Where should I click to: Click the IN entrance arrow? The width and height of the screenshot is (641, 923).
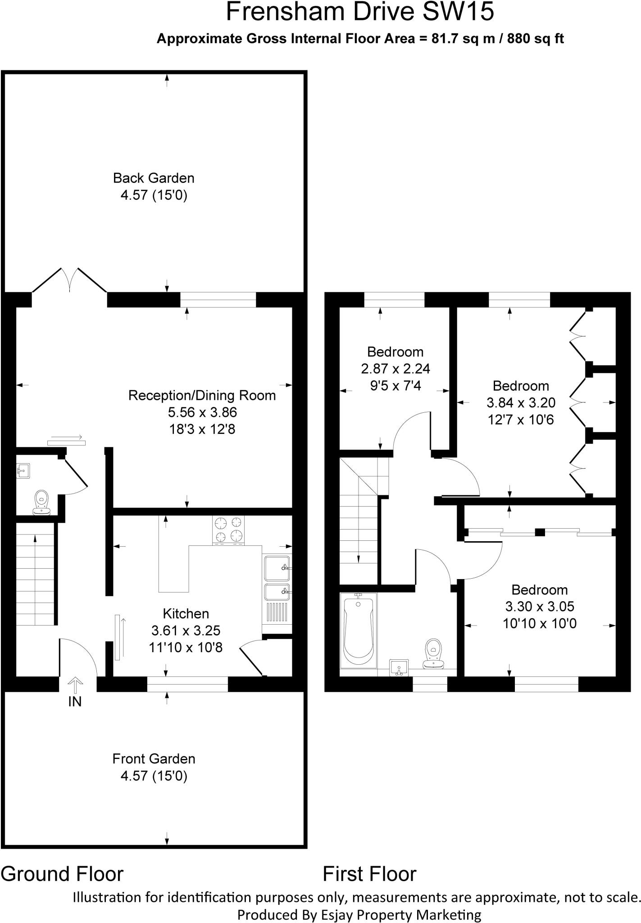click(x=75, y=685)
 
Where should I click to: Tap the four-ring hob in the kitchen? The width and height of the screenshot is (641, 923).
click(x=228, y=530)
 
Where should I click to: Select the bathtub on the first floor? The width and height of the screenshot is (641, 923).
click(x=358, y=630)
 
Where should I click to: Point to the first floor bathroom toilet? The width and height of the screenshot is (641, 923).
click(x=433, y=653)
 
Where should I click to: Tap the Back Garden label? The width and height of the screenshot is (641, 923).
click(x=154, y=178)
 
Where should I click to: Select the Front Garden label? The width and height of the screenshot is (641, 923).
click(x=154, y=759)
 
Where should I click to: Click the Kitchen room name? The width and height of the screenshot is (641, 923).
click(x=186, y=613)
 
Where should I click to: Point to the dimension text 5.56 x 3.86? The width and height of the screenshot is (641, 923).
click(x=202, y=412)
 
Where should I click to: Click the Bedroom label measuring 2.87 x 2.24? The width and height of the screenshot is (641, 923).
click(x=395, y=352)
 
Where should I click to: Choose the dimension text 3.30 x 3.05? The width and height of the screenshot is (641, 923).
click(x=540, y=607)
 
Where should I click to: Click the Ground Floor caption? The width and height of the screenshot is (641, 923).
click(x=62, y=874)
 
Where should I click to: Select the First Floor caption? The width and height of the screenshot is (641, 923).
click(x=369, y=874)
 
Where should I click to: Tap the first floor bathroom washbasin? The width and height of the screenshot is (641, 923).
click(x=399, y=667)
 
